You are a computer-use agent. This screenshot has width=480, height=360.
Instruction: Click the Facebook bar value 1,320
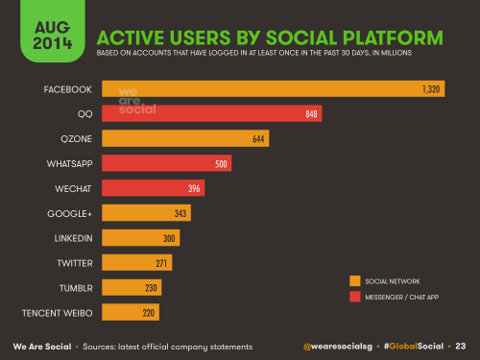pos(430,89)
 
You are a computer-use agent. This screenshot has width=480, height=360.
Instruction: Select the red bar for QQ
pos(211,114)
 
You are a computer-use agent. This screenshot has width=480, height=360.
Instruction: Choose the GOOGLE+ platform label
pos(69,213)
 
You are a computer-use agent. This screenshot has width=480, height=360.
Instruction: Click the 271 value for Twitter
pos(162,263)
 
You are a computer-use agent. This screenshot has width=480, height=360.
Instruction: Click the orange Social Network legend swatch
pos(354,280)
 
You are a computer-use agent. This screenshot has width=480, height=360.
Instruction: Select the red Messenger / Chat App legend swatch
pos(354,296)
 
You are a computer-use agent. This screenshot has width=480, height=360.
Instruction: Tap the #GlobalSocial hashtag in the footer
pos(415,346)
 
